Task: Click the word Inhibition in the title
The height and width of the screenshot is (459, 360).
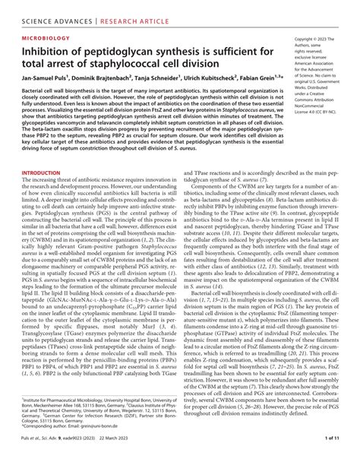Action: click(x=43, y=51)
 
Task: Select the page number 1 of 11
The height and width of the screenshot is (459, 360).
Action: click(x=339, y=450)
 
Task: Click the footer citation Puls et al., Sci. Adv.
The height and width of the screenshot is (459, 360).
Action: click(x=42, y=450)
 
